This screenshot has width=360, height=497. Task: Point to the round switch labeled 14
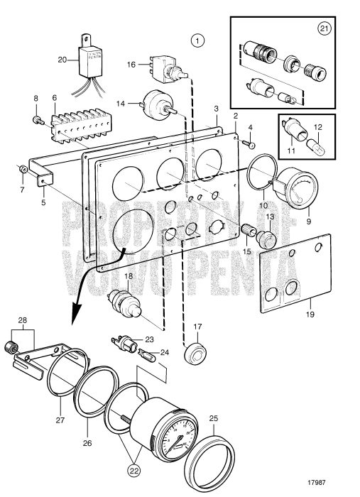(154, 104)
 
